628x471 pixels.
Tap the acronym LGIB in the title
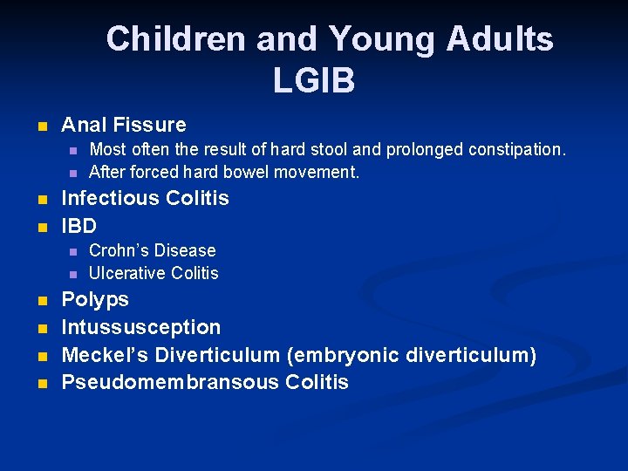pos(314,81)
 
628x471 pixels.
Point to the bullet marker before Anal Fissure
pos(41,126)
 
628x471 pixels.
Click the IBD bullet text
pos(78,226)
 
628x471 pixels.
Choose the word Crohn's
pos(121,250)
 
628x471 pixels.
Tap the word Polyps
pos(94,300)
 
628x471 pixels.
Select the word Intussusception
pos(140,328)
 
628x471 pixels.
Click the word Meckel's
pos(99,355)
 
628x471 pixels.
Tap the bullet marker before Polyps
pos(41,302)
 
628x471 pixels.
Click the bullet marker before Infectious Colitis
pos(41,200)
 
